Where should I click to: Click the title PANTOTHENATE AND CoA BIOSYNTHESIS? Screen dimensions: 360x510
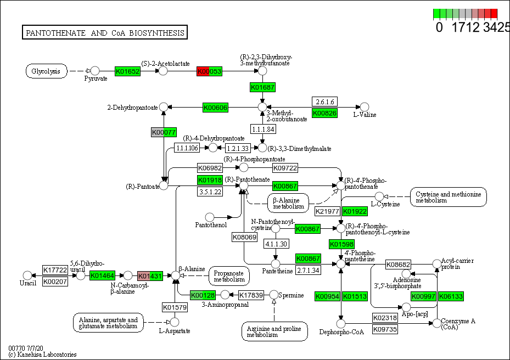(x=105, y=33)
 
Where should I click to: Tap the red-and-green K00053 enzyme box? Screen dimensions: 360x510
(x=209, y=71)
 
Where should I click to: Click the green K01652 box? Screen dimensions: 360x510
(x=127, y=71)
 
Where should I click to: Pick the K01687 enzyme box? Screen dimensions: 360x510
(x=262, y=87)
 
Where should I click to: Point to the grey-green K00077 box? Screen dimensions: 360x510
(x=164, y=132)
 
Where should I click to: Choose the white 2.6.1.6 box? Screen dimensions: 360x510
(x=324, y=102)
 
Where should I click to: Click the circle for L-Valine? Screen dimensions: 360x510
(x=363, y=107)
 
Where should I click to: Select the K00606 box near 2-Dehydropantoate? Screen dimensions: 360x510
(x=215, y=107)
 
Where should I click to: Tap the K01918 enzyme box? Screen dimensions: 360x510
(x=210, y=180)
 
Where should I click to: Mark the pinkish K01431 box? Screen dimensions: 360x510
(x=150, y=275)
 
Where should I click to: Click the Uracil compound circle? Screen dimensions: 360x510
(x=27, y=275)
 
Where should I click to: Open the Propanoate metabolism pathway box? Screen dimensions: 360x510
(x=229, y=276)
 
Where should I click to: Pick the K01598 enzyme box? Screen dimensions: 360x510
(x=341, y=244)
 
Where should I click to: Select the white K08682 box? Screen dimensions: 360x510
(x=398, y=265)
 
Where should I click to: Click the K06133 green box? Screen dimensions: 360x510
(x=451, y=296)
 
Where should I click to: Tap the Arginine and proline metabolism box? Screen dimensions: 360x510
(x=274, y=331)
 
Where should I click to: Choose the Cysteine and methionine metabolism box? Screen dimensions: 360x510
(x=449, y=197)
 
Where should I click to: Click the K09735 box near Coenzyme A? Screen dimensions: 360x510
(x=385, y=329)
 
